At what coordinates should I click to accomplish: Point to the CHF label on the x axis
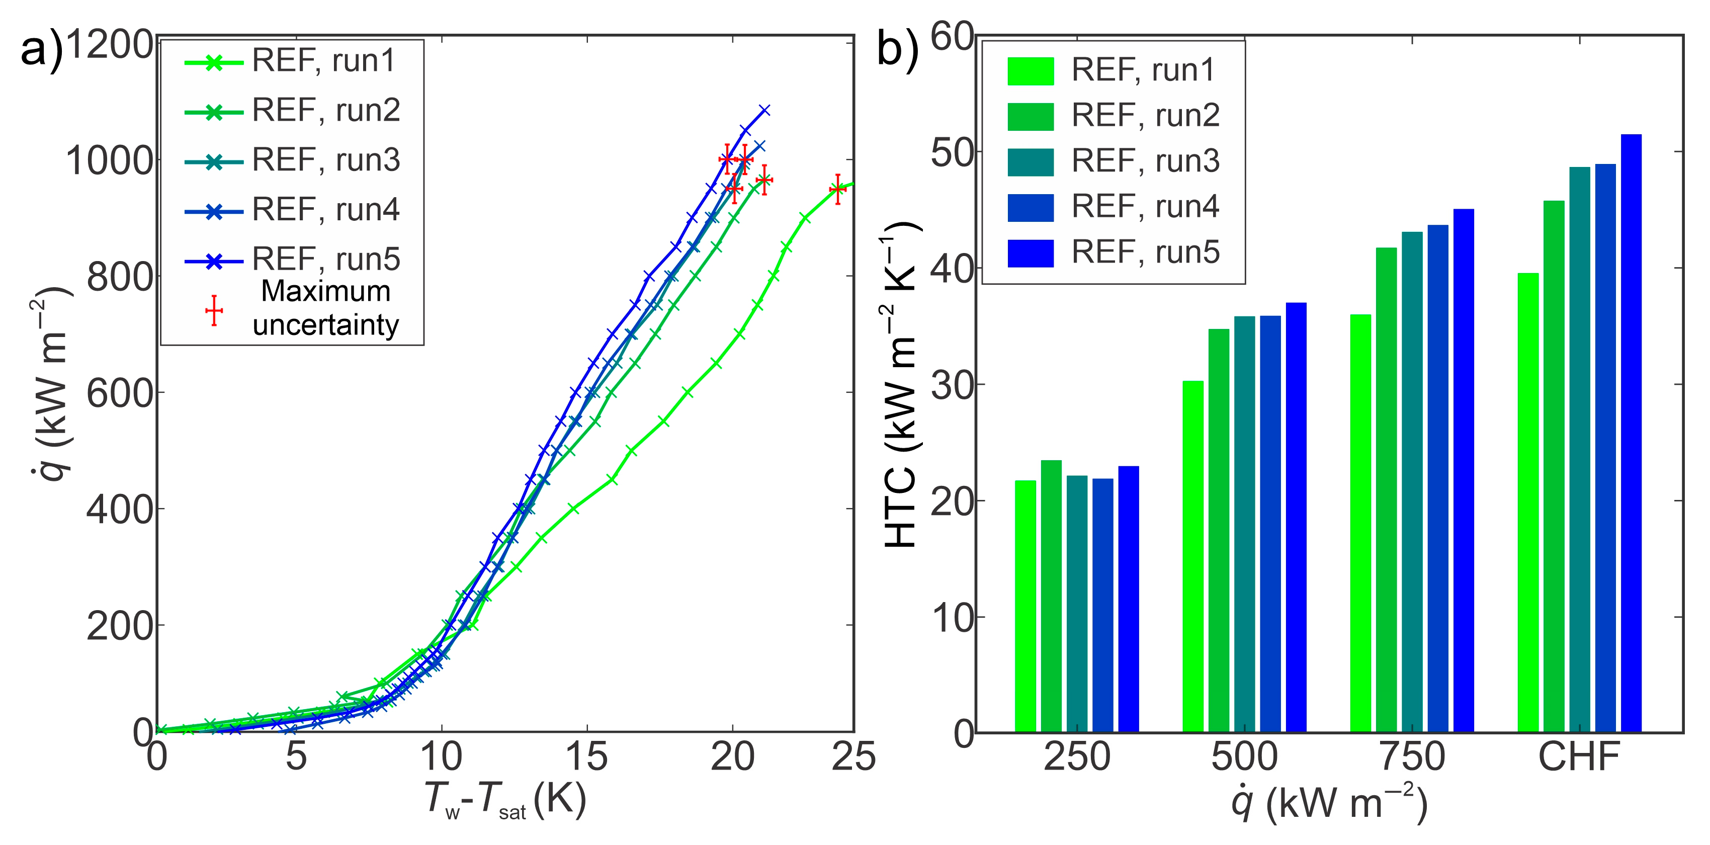1579,756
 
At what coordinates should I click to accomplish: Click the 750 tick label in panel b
1412,756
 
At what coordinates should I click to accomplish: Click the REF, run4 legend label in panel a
325,210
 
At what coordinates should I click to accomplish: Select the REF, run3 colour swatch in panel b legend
1030,162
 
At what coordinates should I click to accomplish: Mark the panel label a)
41,50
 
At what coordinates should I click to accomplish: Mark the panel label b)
897,50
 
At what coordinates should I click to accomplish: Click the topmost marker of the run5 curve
764,110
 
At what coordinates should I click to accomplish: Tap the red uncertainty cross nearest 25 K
838,189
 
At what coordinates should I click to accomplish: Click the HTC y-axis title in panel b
901,385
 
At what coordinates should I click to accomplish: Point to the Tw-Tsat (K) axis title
504,800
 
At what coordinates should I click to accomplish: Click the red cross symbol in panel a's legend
214,311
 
